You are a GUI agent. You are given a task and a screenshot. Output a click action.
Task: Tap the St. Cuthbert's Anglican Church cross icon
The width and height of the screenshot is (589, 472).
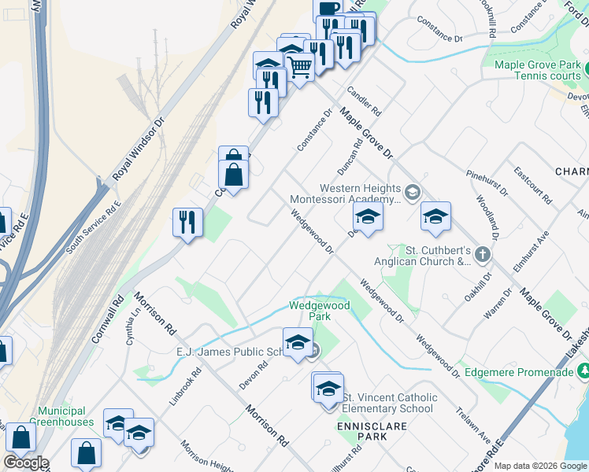(x=482, y=255)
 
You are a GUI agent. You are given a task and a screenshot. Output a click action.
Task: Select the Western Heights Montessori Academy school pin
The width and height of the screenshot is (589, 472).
(x=412, y=192)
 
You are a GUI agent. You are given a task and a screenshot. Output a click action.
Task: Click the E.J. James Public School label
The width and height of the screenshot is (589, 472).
(x=228, y=352)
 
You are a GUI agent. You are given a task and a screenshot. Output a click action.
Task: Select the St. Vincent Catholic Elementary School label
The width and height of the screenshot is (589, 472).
(x=387, y=402)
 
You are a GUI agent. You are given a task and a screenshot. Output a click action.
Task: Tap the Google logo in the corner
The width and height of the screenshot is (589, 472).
(x=26, y=462)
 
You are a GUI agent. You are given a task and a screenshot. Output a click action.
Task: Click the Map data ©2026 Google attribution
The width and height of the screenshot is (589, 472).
(x=540, y=466)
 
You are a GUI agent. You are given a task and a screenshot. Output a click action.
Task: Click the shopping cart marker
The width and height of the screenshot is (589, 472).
(x=299, y=67)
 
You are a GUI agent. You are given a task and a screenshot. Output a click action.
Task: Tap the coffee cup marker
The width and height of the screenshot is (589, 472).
(x=328, y=7)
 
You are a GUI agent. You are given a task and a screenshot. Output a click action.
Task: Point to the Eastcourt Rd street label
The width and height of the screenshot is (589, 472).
(x=532, y=184)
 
